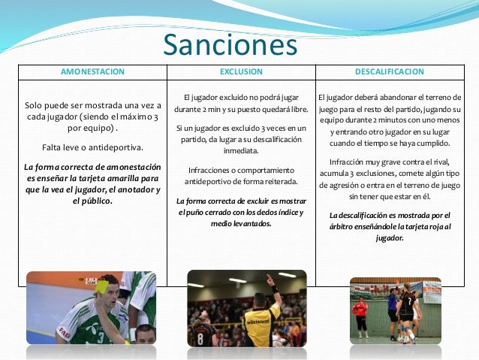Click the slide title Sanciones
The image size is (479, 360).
pyautogui.click(x=230, y=46)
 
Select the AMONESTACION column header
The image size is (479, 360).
pyautogui.click(x=93, y=72)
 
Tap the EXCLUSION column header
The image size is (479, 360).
pyautogui.click(x=241, y=72)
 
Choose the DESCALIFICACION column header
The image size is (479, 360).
pyautogui.click(x=389, y=72)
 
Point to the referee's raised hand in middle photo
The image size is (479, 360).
pyautogui.click(x=269, y=279)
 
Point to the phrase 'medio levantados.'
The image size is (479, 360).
pyautogui.click(x=241, y=223)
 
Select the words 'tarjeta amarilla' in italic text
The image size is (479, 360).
pyautogui.click(x=124, y=178)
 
